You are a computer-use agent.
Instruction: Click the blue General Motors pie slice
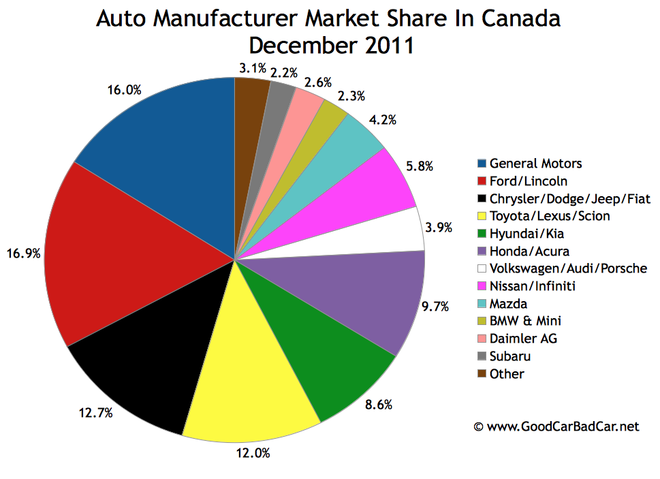[x=170, y=143]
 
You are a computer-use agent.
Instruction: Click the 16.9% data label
[x=24, y=253]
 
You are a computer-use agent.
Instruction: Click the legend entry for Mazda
[x=508, y=303]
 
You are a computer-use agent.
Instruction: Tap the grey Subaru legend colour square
[x=482, y=356]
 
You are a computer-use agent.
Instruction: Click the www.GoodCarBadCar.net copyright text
[x=556, y=427]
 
